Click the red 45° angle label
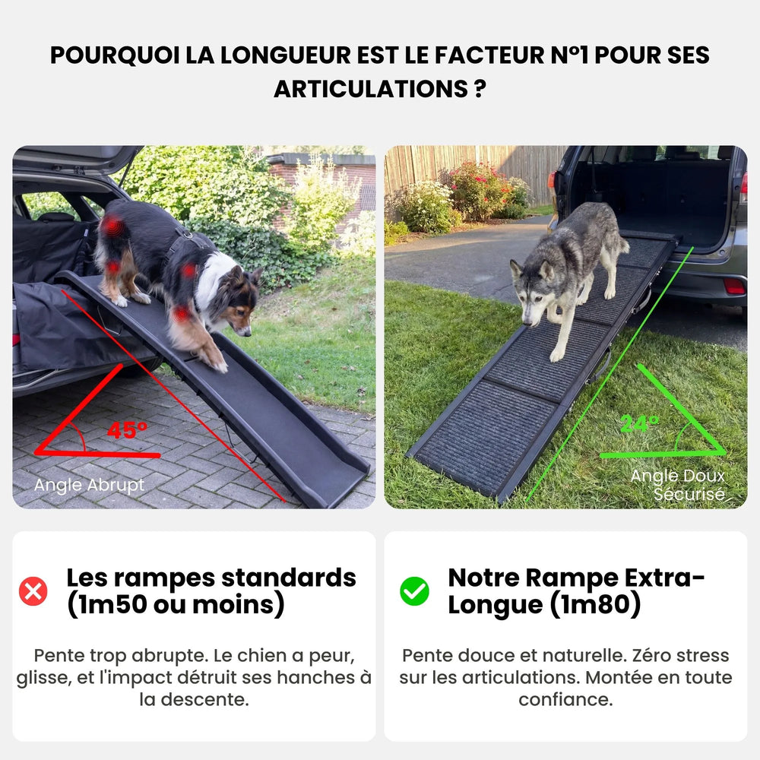tap(127, 429)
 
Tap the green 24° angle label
tap(639, 423)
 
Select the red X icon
tap(33, 591)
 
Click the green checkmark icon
tap(414, 591)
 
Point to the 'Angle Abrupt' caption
tap(89, 486)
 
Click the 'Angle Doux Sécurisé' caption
tap(678, 485)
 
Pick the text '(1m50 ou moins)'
tap(176, 605)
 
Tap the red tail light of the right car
tap(733, 286)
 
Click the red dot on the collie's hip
tap(112, 225)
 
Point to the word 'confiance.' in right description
tap(565, 699)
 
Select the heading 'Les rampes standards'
tap(211, 578)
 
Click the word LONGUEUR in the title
tap(272, 55)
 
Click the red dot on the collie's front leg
tap(181, 314)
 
